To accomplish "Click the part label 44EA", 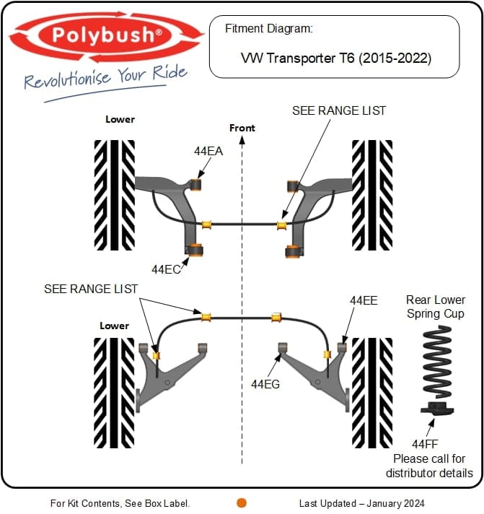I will (208, 152).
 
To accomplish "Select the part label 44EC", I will (166, 269).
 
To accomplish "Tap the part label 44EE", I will (364, 300).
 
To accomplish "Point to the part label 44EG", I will (265, 384).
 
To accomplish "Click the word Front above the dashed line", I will (242, 128).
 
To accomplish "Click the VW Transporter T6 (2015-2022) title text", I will (335, 58).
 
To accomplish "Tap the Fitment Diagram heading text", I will (269, 29).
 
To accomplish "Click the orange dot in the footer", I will (242, 502).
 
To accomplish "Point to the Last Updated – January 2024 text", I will (361, 503).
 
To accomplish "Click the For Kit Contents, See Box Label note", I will (120, 503).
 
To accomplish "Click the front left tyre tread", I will (115, 195).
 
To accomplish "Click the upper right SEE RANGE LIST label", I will (339, 110).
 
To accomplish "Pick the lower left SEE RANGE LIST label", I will (91, 288).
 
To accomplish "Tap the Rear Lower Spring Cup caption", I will (436, 307).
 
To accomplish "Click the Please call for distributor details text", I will (429, 466).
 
